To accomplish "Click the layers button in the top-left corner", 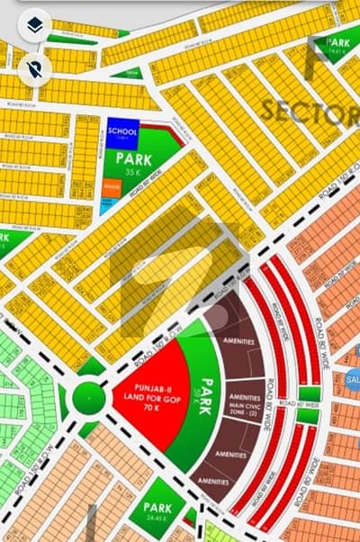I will click(33, 25).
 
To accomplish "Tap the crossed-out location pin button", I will click(33, 69).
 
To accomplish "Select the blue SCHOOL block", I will click(122, 131).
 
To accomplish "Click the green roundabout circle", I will click(88, 397).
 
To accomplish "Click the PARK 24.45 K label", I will click(156, 514).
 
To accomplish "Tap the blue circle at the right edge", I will click(352, 380).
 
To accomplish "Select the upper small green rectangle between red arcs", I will click(308, 393).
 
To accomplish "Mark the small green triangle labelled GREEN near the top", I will click(130, 73).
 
